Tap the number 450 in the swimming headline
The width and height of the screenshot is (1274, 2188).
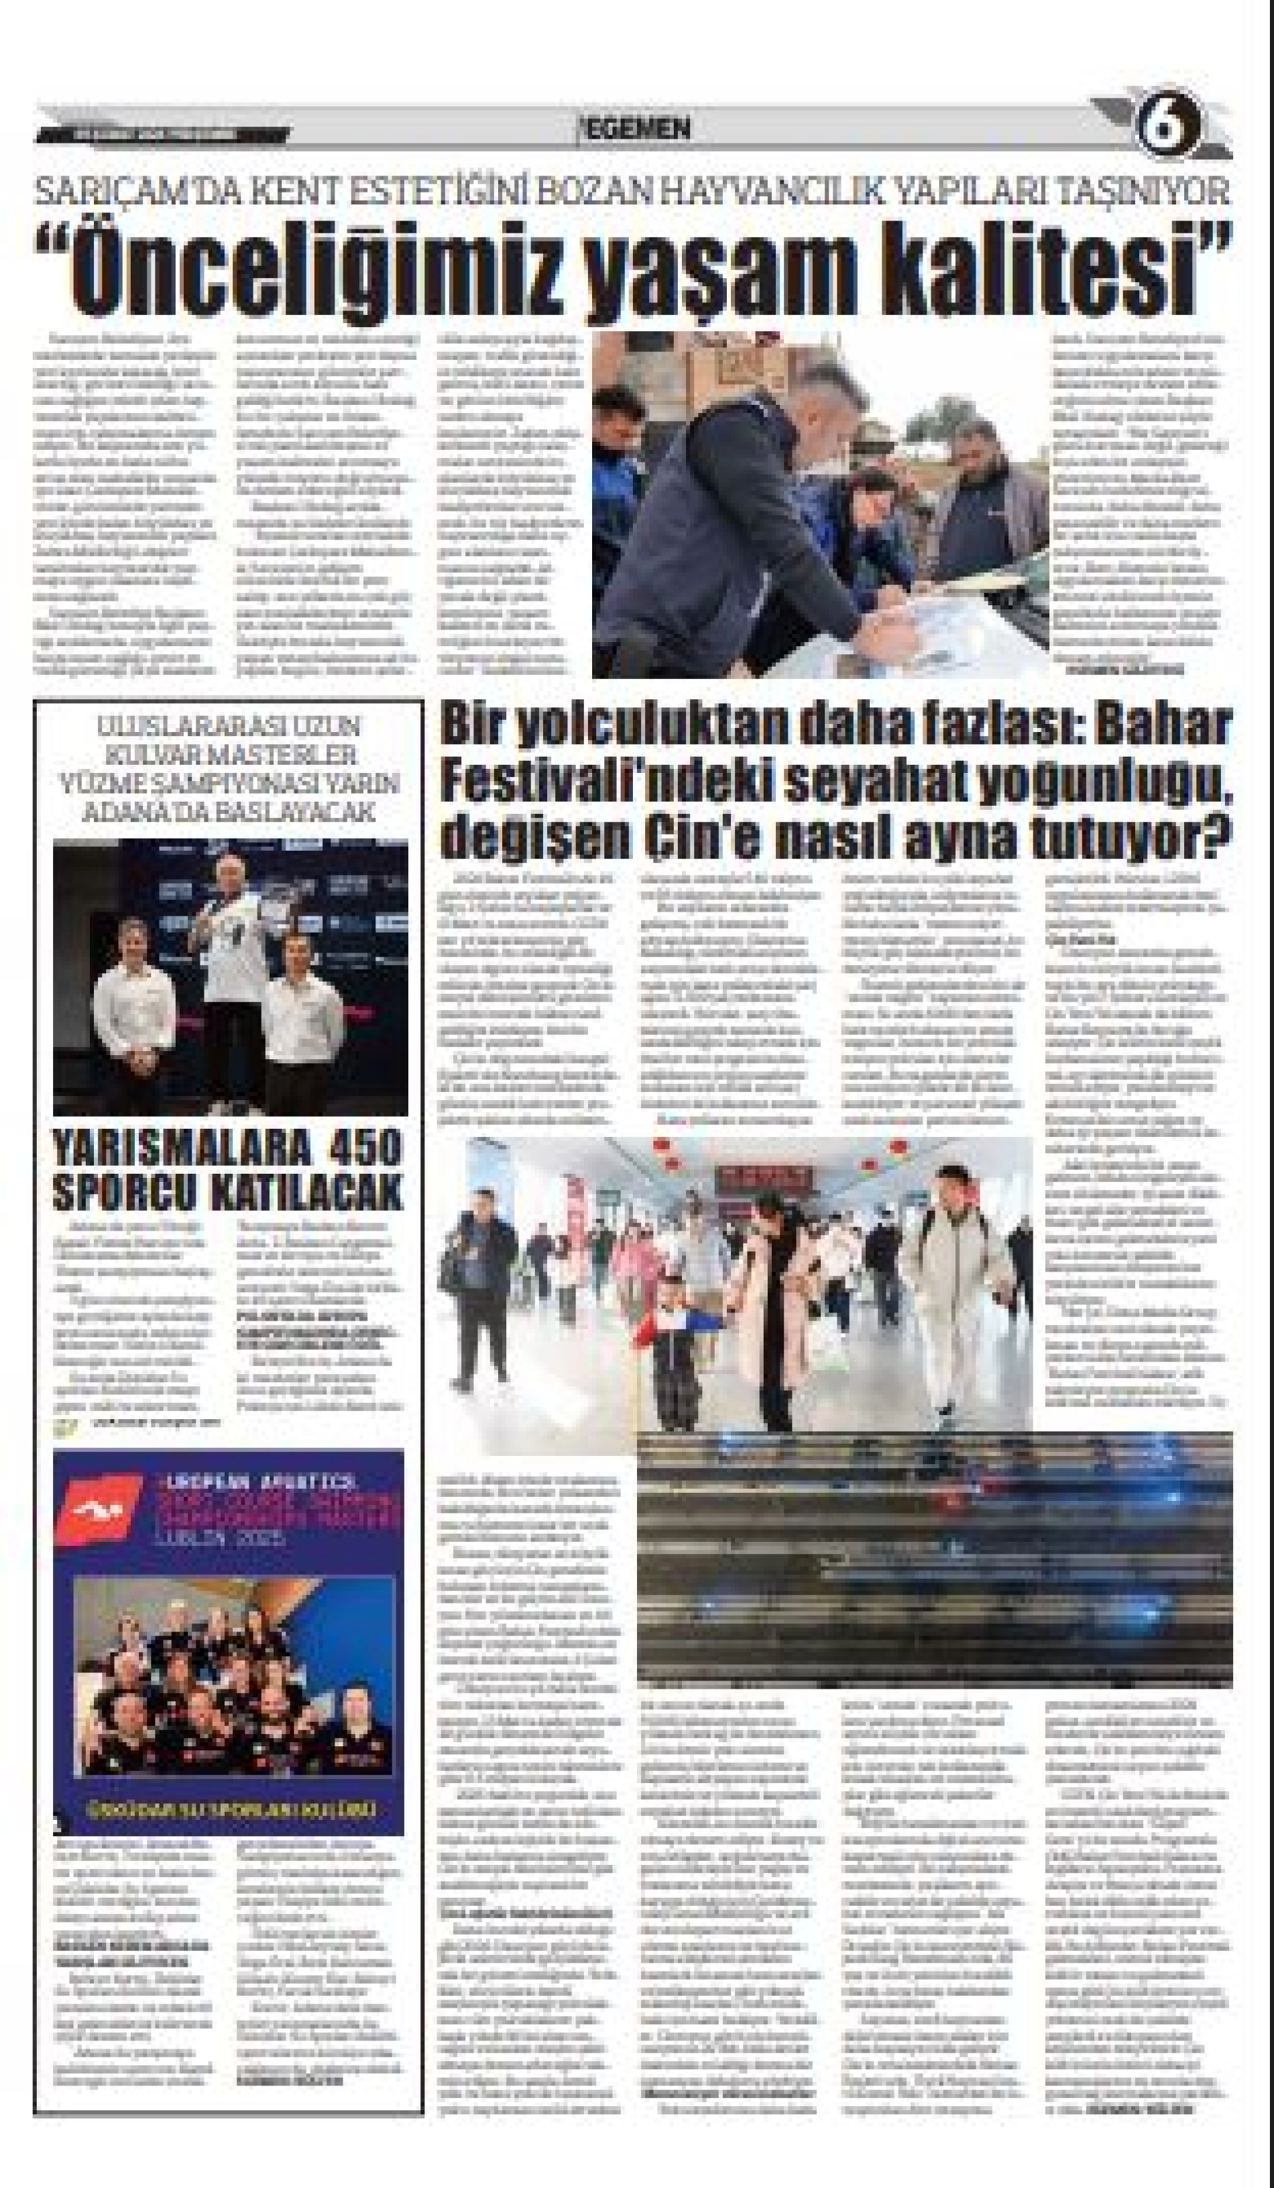tap(367, 1150)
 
